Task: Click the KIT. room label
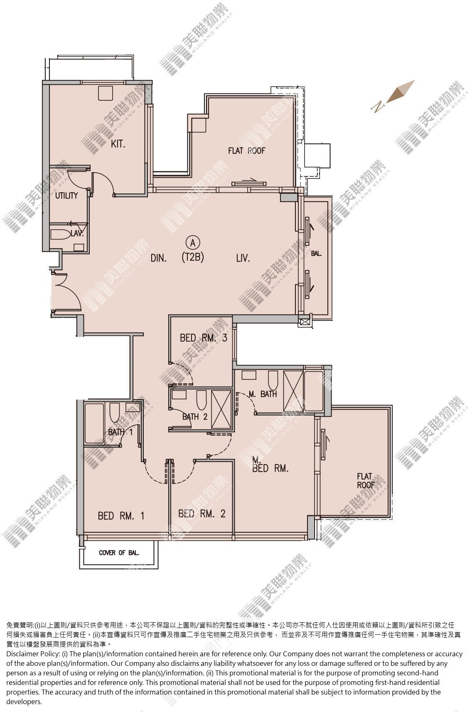[x=118, y=144]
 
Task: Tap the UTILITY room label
[x=66, y=195]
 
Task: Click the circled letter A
[x=193, y=243]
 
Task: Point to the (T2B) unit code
[x=193, y=257]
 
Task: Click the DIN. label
[x=158, y=258]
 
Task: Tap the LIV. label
[x=243, y=258]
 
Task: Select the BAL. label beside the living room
[x=316, y=254]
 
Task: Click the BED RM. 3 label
[x=203, y=338]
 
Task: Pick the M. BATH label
[x=263, y=394]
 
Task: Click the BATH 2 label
[x=195, y=416]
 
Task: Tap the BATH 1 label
[x=120, y=432]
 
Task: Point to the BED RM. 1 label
[x=121, y=516]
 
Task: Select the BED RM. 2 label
[x=202, y=514]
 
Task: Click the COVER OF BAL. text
[x=119, y=553]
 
